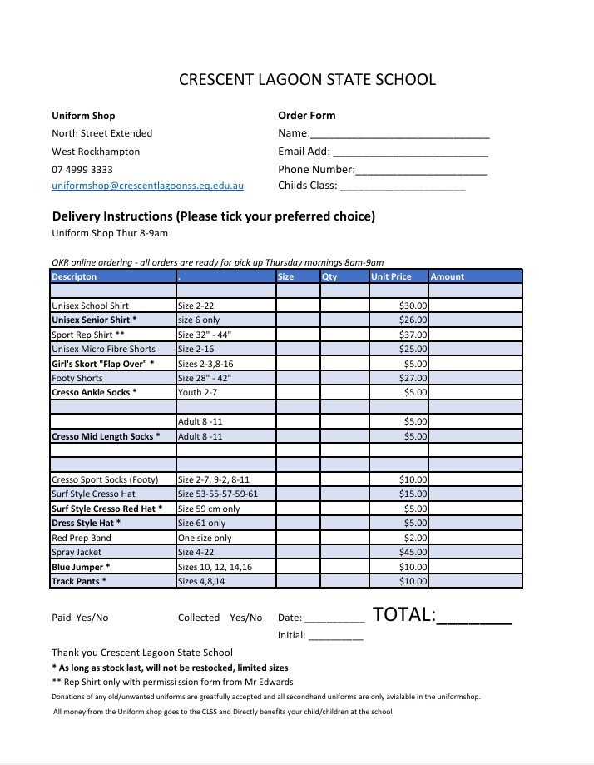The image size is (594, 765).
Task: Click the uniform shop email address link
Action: tap(147, 186)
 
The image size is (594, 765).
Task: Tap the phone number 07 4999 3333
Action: tap(82, 169)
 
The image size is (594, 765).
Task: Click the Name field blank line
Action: tap(400, 134)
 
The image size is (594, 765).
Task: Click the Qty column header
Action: tap(330, 276)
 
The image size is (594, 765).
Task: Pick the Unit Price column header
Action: tap(391, 276)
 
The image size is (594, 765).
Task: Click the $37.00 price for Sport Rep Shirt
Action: tap(414, 335)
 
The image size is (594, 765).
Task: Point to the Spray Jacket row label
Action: tap(77, 552)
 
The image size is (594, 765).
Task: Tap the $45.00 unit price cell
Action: tap(414, 552)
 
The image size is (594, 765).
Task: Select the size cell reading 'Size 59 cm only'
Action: tap(209, 509)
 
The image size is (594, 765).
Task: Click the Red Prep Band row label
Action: tap(82, 538)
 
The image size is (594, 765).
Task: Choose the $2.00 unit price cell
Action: tap(416, 538)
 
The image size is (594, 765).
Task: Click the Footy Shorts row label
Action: tap(77, 378)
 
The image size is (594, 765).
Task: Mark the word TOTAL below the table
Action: tap(403, 615)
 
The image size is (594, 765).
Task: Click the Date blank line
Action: tap(334, 619)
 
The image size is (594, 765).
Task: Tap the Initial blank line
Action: tap(336, 637)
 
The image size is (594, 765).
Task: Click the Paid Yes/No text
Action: tap(80, 618)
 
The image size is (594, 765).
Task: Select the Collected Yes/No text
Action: tap(220, 618)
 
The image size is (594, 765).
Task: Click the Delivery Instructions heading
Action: tap(214, 216)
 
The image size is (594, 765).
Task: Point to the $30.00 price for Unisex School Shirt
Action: tap(414, 306)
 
